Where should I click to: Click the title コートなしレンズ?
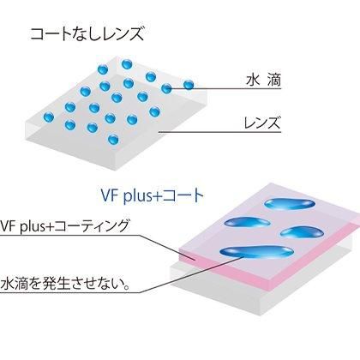pyautogui.click(x=87, y=33)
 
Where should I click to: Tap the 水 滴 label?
pyautogui.click(x=263, y=80)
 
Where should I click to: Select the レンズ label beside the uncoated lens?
pyautogui.click(x=262, y=123)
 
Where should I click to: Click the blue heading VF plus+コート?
pyautogui.click(x=153, y=196)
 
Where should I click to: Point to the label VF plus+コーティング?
pyautogui.click(x=64, y=226)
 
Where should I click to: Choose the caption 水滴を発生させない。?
pyautogui.click(x=66, y=284)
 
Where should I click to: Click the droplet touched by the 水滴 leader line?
pyautogui.click(x=166, y=88)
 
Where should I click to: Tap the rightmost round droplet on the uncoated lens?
pyautogui.click(x=189, y=85)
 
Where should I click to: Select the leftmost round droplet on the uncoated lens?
pyautogui.click(x=49, y=117)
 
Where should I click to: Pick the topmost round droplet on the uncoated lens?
pyautogui.click(x=127, y=64)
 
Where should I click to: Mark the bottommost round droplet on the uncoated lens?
pyautogui.click(x=113, y=140)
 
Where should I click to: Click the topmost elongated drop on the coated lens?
pyautogui.click(x=290, y=204)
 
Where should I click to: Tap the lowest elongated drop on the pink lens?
pyautogui.click(x=256, y=252)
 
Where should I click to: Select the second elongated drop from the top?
pyautogui.click(x=247, y=222)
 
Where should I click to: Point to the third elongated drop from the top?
pyautogui.click(x=302, y=232)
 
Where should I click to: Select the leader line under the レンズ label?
pyautogui.click(x=220, y=132)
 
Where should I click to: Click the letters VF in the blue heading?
pyautogui.click(x=110, y=196)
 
